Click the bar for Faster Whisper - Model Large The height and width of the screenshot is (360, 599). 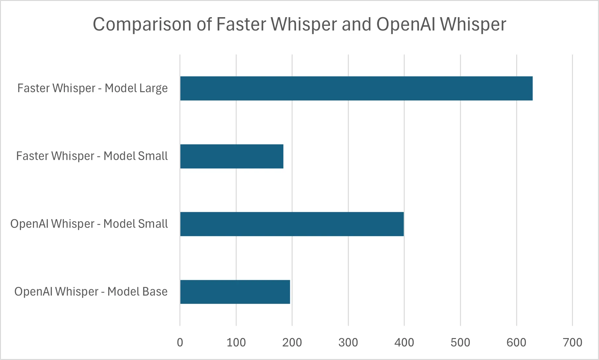click(356, 88)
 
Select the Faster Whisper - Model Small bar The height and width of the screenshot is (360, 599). click(232, 156)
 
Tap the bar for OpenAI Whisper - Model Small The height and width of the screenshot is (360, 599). click(292, 224)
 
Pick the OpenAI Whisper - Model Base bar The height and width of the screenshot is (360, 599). click(235, 292)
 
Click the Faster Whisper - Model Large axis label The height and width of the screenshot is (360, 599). click(92, 88)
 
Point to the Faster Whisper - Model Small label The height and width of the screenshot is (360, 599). click(92, 156)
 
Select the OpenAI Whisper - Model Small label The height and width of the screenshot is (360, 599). click(89, 224)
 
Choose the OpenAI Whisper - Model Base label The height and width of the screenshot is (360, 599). click(91, 292)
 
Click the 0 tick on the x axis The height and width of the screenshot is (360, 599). click(180, 342)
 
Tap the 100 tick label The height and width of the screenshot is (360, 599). click(236, 342)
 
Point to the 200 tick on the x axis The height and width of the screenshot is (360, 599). click(292, 342)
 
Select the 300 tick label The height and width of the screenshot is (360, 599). click(348, 342)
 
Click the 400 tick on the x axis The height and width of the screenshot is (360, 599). click(404, 342)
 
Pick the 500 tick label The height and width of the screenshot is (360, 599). click(461, 342)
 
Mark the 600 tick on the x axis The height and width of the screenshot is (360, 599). click(516, 342)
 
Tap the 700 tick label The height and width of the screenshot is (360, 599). click(573, 342)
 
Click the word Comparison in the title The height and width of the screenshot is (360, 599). click(142, 24)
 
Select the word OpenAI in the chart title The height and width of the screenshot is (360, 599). click(405, 24)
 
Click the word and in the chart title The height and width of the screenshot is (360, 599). click(356, 24)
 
